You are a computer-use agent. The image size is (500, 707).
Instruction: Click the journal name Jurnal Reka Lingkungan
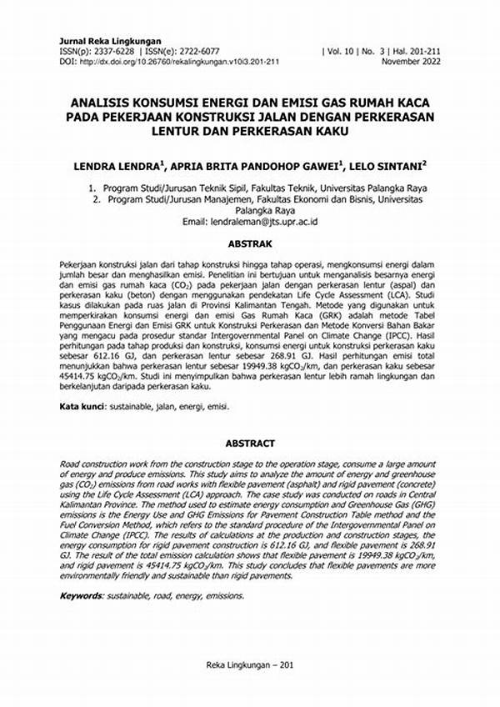point(110,41)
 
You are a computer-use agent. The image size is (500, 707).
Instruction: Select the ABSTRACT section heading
point(249,444)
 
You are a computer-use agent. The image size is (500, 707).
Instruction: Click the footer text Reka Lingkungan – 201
point(249,664)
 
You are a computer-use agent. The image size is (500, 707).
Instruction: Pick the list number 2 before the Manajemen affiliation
point(96,200)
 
